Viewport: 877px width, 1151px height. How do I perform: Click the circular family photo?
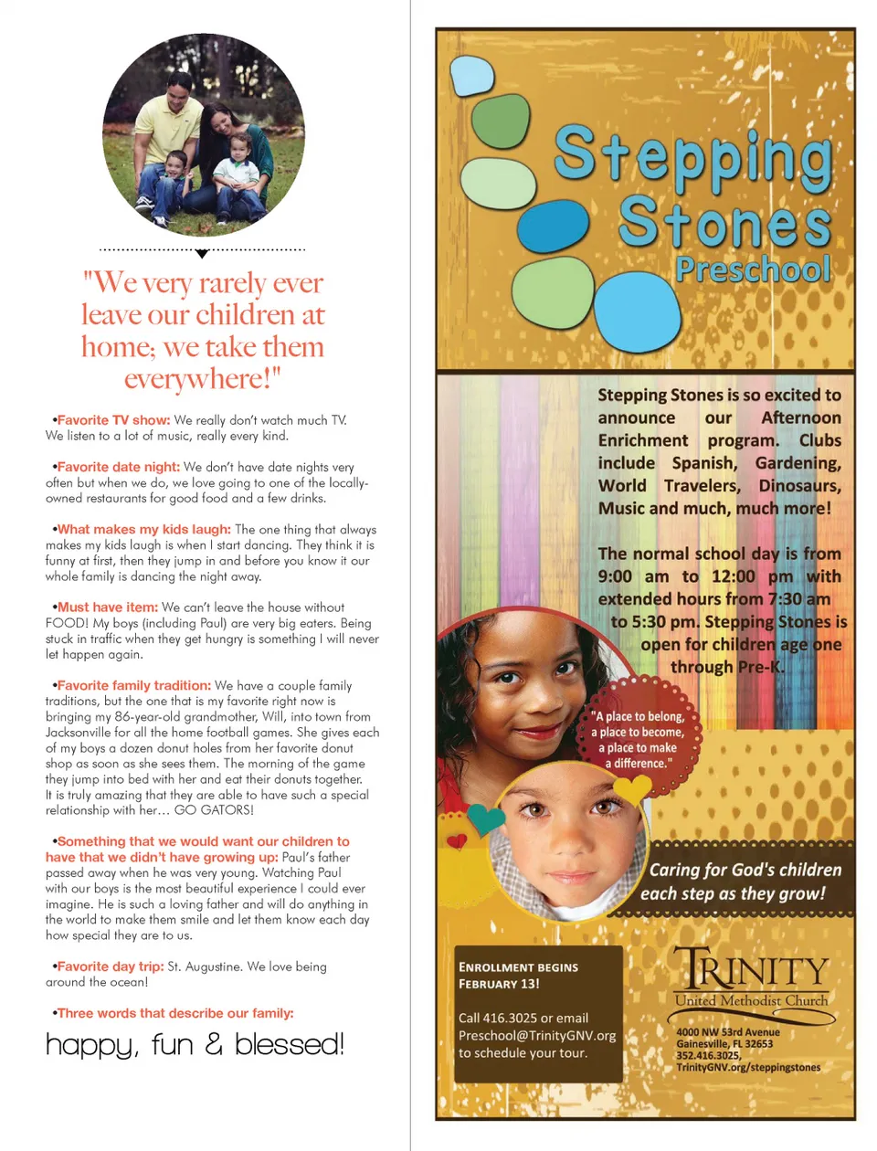tap(203, 135)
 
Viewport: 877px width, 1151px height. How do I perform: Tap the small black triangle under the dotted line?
tap(203, 254)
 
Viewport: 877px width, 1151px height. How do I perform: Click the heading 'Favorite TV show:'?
tap(113, 420)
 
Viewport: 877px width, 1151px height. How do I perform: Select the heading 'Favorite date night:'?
tap(118, 467)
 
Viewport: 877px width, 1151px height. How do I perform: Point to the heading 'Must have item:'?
tap(107, 607)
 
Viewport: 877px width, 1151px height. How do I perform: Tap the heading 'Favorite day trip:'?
tap(111, 966)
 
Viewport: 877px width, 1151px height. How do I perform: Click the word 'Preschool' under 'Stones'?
tap(753, 269)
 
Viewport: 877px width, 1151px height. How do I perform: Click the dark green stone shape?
tap(501, 121)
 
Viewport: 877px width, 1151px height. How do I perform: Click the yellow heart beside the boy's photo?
tap(631, 787)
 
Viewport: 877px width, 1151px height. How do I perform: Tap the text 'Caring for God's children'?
tap(745, 870)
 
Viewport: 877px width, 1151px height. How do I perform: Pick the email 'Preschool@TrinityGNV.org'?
tap(537, 1036)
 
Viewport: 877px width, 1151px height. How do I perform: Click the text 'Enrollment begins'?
tap(518, 967)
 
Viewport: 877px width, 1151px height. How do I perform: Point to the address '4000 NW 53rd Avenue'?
tap(728, 1032)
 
